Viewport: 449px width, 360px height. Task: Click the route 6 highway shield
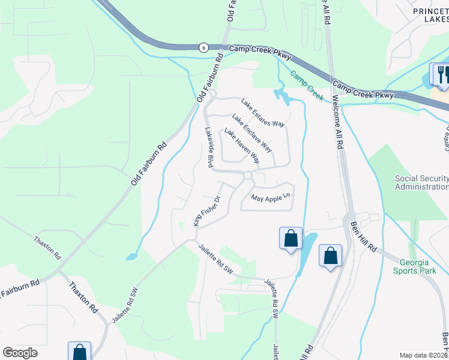pos(204,48)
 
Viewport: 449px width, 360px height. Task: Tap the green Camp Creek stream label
pos(307,85)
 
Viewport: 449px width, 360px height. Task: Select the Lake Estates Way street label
pos(262,113)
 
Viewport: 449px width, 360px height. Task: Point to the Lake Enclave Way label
pos(252,133)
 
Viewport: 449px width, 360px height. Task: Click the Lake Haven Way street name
pos(242,146)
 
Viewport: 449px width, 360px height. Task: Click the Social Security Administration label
pos(421,182)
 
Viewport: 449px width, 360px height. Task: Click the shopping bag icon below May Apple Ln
pos(291,238)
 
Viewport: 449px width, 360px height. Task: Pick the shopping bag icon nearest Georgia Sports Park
pos(330,256)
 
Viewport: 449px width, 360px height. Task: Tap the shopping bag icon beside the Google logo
pos(79,352)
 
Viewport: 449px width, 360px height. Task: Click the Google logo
pos(20,353)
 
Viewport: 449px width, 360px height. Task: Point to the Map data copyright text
pos(423,355)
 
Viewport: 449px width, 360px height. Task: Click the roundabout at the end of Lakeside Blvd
pos(248,175)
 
